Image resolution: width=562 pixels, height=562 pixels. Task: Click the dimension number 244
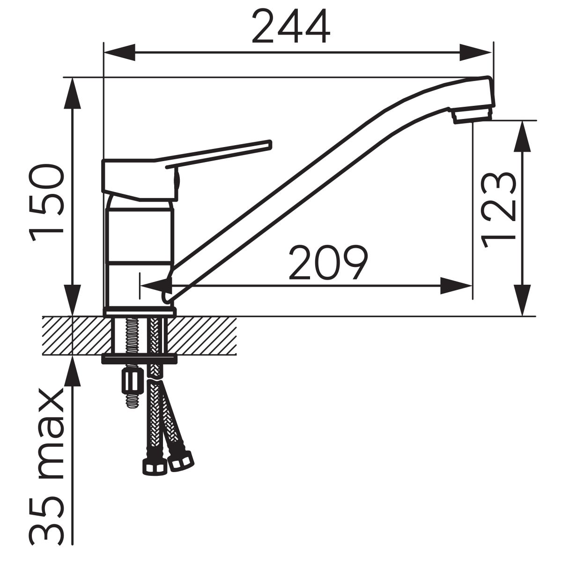point(291,26)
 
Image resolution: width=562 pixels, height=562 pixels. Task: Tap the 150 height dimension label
point(46,202)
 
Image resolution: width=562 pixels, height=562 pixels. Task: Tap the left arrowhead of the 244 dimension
point(119,52)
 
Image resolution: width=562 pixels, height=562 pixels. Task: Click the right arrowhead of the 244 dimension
point(476,52)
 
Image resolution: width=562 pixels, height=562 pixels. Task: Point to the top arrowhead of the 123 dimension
point(522,136)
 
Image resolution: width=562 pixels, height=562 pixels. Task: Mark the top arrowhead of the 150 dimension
point(72,94)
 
